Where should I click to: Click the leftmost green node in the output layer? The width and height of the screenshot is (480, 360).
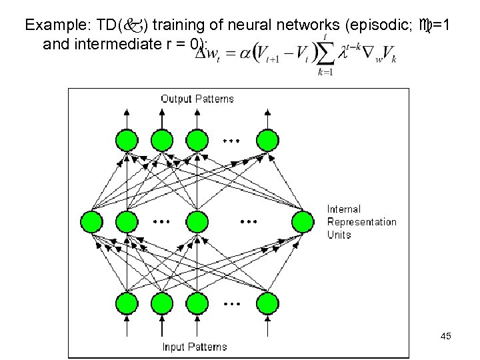(x=126, y=141)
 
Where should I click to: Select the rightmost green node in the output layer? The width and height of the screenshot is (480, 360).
(x=267, y=141)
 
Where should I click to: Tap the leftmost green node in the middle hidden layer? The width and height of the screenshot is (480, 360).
(x=91, y=221)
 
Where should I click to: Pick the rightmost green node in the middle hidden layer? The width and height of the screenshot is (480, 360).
(x=302, y=221)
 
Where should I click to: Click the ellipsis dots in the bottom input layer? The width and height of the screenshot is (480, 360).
(x=231, y=303)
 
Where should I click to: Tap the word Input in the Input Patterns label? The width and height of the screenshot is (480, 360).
(x=175, y=347)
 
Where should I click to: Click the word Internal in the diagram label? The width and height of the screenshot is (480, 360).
(x=344, y=209)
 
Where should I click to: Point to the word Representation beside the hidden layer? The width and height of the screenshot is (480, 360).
(x=361, y=222)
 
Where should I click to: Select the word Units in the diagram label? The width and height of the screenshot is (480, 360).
(x=339, y=235)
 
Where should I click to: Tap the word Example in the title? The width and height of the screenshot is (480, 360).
(x=50, y=26)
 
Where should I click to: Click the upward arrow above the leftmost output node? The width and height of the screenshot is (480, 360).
(x=126, y=117)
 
